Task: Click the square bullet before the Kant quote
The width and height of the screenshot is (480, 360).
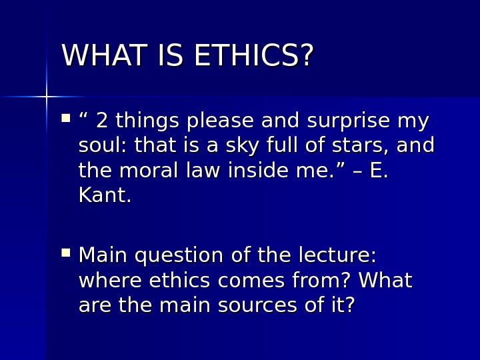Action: pos(66,118)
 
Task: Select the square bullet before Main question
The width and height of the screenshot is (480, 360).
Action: pos(66,253)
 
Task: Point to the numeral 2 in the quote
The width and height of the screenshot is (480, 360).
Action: pos(102,121)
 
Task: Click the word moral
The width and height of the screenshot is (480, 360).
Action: pos(151,171)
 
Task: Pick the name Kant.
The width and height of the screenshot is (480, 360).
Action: pos(105,196)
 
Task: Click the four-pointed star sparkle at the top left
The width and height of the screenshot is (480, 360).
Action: pos(46,97)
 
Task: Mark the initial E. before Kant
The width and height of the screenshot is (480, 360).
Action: pos(378,171)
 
